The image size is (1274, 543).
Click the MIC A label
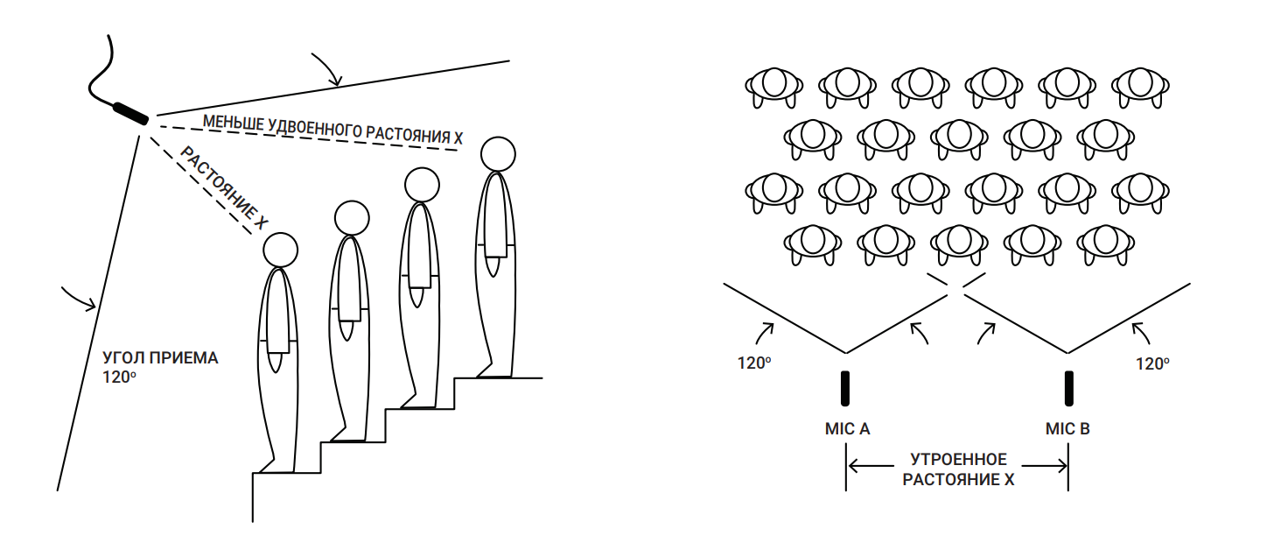pos(845,429)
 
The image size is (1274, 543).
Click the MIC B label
pos(1067,429)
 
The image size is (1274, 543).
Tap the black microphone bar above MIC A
pos(845,389)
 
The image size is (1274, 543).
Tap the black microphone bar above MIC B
pos(1068,389)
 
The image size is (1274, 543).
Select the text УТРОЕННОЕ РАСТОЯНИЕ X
pos(958,469)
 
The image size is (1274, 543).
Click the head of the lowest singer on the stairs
pos(282,250)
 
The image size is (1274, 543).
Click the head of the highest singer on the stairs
pos(497,153)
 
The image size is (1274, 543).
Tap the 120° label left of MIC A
pos(753,363)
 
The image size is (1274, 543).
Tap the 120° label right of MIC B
pos(1151,363)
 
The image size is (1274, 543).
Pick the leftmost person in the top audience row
pos(773,85)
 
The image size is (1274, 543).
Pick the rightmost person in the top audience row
pos(1141,85)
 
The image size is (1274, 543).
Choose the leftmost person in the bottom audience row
pos(812,243)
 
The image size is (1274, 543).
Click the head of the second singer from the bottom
pos(352,218)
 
